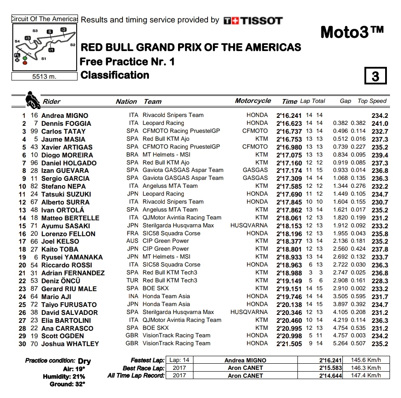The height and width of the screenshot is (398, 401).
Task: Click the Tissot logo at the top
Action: [253, 21]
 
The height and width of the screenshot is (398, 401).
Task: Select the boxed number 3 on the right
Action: [375, 76]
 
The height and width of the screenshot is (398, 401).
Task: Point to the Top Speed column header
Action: [372, 101]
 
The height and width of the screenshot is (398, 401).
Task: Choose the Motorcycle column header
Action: [253, 101]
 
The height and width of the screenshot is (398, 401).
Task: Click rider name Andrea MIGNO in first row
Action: [64, 116]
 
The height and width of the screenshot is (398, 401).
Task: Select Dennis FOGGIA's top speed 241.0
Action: [380, 124]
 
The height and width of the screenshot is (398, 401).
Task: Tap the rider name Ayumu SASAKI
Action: [66, 226]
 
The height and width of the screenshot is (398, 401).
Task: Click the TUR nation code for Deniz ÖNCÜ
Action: [132, 281]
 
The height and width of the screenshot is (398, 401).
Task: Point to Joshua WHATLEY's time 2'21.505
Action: [289, 344]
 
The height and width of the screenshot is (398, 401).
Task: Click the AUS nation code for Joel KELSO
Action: [132, 241]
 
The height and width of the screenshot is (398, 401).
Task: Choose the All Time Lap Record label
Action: [136, 376]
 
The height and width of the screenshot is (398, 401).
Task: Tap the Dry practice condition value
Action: [84, 361]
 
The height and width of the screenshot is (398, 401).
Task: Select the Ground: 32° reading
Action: [67, 384]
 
